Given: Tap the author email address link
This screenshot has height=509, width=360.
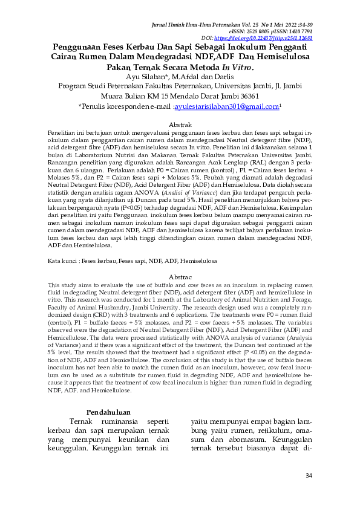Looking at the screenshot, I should click(x=227, y=106).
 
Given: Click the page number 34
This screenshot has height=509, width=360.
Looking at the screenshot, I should click(x=309, y=476).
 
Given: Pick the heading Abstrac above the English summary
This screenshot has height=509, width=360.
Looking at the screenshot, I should click(x=180, y=276).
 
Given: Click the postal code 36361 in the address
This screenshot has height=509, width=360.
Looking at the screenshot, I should click(x=246, y=96).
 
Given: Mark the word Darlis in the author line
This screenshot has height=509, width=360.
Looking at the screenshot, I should click(x=223, y=77).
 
